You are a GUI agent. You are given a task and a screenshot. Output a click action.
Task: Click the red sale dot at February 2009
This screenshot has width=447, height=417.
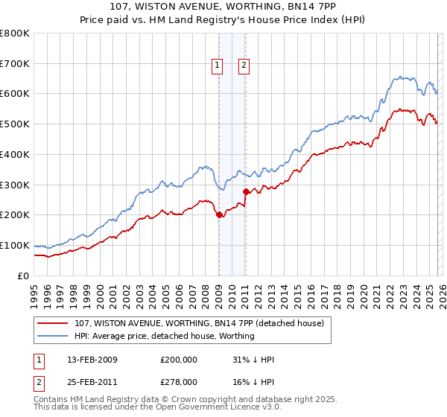point(219,214)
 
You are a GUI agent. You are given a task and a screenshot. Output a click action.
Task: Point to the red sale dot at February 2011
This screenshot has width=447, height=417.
point(245,191)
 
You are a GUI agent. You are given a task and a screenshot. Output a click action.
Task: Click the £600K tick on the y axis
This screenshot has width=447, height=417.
point(15,94)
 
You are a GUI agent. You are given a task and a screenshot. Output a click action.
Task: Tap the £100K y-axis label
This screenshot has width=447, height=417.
point(15,245)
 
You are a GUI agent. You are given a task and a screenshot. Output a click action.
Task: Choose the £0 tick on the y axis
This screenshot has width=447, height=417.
point(24,276)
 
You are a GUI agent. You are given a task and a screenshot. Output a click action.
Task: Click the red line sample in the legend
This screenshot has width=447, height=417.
point(53,324)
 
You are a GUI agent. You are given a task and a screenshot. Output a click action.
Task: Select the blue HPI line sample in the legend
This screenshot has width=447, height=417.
point(53,337)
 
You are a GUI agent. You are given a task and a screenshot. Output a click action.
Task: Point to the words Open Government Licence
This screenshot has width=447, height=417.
point(218,409)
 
